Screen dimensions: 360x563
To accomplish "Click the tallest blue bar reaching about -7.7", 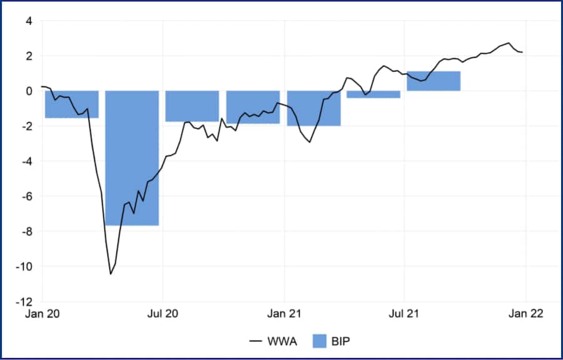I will coord(131,158).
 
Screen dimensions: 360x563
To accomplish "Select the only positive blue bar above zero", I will coord(434,81).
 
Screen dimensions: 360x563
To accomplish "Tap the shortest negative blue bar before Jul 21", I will coord(373,95).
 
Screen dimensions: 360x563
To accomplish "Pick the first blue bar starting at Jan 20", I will coord(71,105).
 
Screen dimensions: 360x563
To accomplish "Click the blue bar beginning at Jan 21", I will coord(314,108).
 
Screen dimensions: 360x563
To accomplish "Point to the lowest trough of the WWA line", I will coord(111,274).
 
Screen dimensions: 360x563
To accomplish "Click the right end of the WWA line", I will coord(522,52).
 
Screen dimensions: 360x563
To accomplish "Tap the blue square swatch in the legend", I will coord(320,341).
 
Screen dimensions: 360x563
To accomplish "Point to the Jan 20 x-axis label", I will coord(43,313).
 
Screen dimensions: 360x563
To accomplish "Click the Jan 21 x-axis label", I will coord(284,313).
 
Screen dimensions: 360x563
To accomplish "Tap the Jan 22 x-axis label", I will coord(525,313).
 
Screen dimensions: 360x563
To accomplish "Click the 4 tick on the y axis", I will coord(28,21).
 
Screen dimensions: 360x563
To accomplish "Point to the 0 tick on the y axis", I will coord(28,91).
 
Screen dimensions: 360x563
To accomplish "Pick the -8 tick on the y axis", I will coord(26,232).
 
